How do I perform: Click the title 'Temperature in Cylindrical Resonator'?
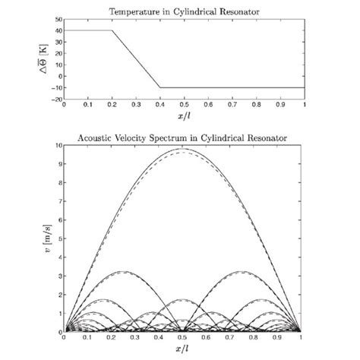(183, 7)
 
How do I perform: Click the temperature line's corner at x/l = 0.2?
(112, 30)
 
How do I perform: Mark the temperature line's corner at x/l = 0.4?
(159, 87)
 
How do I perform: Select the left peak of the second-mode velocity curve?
(124, 271)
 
